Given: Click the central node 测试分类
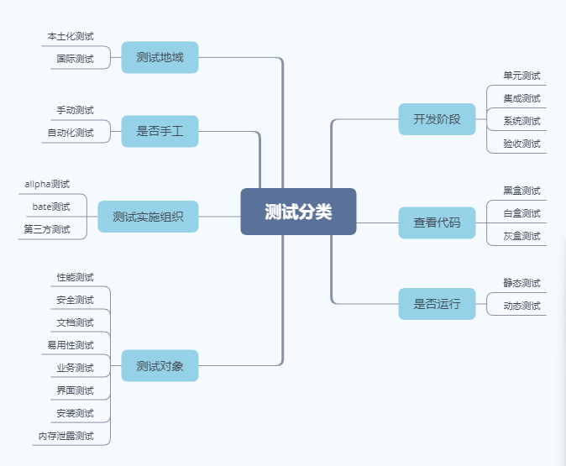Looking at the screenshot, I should pos(298,212).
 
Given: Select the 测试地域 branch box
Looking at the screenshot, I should pos(160,58).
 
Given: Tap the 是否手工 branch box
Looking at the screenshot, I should pos(160,131).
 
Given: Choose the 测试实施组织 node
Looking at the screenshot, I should pos(148,217).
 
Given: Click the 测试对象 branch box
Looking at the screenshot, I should pos(160,366).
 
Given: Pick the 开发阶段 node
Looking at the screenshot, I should pos(437,119).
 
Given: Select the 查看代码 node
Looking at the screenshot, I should pos(437,223).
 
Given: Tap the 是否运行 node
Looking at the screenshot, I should pos(437,304).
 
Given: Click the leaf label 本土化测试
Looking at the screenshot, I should pos(71,36).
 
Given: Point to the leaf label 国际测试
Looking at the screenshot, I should pos(75,59).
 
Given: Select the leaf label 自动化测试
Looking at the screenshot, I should pos(71,133).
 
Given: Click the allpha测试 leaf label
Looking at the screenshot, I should pos(47,184).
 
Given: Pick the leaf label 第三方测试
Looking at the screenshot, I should pos(47,229).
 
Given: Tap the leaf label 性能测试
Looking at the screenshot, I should pos(75,277).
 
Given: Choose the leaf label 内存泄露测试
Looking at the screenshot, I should pos(66,436).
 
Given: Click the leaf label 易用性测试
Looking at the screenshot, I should pos(71,345).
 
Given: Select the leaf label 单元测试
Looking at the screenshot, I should pos(521,76).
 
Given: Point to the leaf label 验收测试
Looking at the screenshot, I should pos(521,144).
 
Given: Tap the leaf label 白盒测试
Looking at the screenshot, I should pos(521,213).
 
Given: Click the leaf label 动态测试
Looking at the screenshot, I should pos(521,306).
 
